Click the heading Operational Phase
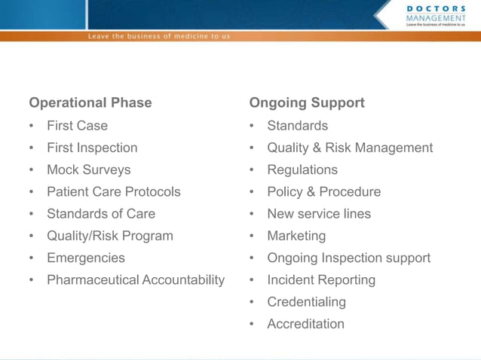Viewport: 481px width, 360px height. pyautogui.click(x=90, y=103)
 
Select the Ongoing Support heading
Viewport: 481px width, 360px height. pyautogui.click(x=307, y=103)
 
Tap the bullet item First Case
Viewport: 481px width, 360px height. pyautogui.click(x=77, y=126)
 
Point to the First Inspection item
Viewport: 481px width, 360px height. pyautogui.click(x=92, y=148)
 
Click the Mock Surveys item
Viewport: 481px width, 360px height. pyautogui.click(x=88, y=170)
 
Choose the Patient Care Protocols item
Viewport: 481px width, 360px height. pyautogui.click(x=113, y=192)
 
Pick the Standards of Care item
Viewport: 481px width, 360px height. pyautogui.click(x=101, y=214)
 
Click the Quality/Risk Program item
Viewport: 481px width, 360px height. pyautogui.click(x=109, y=236)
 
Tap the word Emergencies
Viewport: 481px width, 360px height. pyautogui.click(x=86, y=258)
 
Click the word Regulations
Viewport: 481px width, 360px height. pyautogui.click(x=302, y=170)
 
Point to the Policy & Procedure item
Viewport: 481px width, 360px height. pyautogui.click(x=323, y=192)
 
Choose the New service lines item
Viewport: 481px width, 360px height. pyautogui.click(x=319, y=214)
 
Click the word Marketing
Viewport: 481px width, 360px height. pyautogui.click(x=296, y=236)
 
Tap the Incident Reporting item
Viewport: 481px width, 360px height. pyautogui.click(x=321, y=280)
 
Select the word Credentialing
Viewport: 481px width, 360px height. pyautogui.click(x=306, y=302)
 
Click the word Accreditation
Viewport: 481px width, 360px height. pyautogui.click(x=305, y=324)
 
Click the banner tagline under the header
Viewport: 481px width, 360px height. pyautogui.click(x=159, y=36)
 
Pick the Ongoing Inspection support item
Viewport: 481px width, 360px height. pyautogui.click(x=348, y=258)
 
